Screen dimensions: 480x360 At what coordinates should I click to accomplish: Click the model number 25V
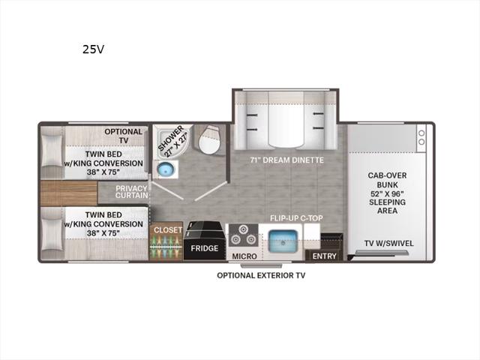tap(93, 49)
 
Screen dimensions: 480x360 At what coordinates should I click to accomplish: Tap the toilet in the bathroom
tap(208, 139)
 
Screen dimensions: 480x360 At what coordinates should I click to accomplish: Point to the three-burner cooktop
tap(244, 235)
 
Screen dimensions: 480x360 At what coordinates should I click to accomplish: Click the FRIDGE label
tap(205, 248)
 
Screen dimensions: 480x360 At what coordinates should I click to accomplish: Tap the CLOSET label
tap(168, 230)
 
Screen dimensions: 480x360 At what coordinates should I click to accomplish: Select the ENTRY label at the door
tap(325, 256)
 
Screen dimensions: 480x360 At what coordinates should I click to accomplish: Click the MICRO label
tap(244, 256)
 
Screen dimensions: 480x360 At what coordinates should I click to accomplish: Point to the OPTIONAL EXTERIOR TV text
tap(261, 275)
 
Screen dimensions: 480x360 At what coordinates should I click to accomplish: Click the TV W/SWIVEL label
tap(388, 243)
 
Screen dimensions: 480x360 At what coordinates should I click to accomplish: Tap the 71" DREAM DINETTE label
tap(286, 160)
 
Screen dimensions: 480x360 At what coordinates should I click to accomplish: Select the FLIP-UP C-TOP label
tap(296, 218)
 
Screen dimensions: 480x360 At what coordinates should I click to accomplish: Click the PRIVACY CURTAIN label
tap(132, 192)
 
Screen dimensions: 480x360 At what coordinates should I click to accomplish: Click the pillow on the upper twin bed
tap(52, 150)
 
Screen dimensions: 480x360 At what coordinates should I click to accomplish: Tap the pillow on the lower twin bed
tap(52, 234)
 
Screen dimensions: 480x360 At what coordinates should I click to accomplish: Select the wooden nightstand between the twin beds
tap(69, 193)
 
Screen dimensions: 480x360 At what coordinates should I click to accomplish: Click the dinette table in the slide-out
tap(286, 120)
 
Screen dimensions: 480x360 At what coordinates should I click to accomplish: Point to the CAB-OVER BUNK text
tap(387, 180)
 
